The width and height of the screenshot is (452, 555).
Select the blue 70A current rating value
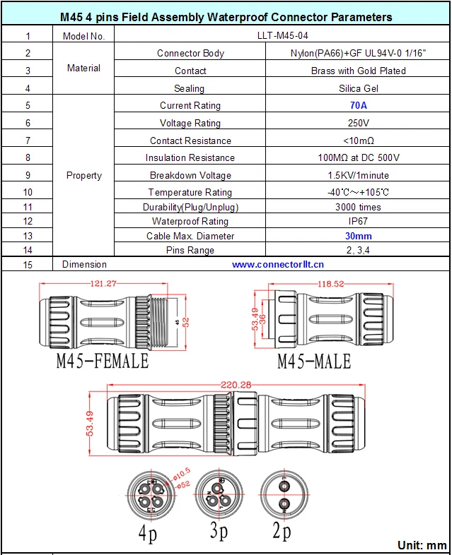(359, 105)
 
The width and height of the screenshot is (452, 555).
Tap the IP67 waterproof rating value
(359, 222)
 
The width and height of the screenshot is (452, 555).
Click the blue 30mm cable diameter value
(359, 236)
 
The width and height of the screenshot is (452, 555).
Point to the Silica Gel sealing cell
(359, 88)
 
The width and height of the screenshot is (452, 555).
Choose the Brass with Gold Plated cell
(359, 71)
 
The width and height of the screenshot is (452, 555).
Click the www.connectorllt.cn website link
(278, 264)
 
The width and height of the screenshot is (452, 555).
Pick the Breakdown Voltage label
(190, 175)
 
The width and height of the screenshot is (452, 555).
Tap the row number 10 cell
(28, 192)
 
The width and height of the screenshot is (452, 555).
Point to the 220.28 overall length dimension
(236, 384)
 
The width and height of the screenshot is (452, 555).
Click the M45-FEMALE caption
(103, 361)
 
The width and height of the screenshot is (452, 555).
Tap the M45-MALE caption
(313, 362)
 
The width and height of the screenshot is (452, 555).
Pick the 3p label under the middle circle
(219, 531)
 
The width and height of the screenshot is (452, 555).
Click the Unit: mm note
(422, 545)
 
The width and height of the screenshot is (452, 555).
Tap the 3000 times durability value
(359, 207)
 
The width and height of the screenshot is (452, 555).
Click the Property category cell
(83, 175)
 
